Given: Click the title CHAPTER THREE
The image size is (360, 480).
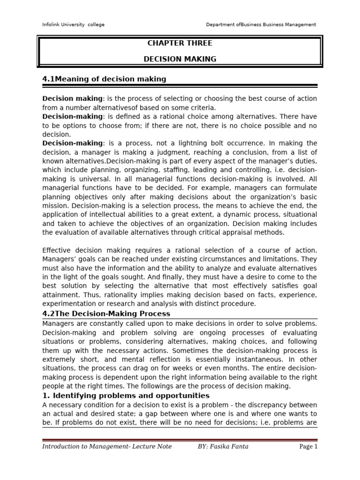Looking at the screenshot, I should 180,43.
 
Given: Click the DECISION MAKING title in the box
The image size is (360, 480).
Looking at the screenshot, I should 180,59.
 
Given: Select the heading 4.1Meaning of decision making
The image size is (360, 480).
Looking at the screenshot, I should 104,79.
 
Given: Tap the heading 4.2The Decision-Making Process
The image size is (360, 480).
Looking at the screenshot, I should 106,313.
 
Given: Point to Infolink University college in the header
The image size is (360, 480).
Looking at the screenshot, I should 73,24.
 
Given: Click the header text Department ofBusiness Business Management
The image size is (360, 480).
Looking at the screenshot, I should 261,24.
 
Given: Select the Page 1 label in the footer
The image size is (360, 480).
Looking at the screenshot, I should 308,446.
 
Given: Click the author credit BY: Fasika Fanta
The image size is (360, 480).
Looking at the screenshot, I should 223,446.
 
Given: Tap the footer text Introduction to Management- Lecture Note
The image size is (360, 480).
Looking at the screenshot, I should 107,446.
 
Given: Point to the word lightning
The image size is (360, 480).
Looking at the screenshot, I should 225,143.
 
